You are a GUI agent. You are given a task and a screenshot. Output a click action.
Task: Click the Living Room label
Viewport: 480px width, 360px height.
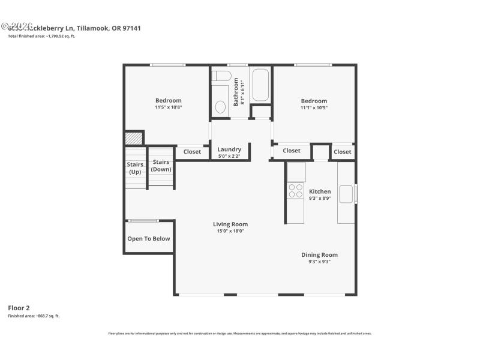pos(230,224)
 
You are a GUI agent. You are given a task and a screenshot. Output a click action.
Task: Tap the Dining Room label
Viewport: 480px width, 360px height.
pos(319,254)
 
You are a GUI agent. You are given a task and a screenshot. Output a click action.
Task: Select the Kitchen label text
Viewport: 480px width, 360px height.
pos(320,191)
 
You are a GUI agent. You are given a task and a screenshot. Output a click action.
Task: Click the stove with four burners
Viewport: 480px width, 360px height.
pos(296,191)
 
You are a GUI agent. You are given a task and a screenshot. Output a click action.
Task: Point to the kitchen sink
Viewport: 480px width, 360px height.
pos(346,194)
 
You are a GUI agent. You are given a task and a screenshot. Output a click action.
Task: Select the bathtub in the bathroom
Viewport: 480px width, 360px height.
pos(261,85)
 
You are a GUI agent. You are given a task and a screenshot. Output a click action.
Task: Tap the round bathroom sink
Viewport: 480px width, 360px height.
pos(220,107)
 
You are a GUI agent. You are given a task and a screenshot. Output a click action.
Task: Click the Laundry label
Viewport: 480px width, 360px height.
pos(229,149)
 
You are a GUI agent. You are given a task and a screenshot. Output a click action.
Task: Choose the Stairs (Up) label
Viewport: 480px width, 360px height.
pos(135,168)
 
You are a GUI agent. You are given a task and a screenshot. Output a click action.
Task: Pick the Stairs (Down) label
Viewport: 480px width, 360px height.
pos(161,165)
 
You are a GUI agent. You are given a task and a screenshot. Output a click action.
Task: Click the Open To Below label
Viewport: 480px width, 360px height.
pos(148,239)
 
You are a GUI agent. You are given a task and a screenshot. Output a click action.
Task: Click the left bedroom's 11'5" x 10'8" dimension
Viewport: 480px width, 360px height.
pos(168,107)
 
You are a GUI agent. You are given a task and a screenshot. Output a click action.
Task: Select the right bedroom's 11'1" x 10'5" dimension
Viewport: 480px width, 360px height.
pos(314,108)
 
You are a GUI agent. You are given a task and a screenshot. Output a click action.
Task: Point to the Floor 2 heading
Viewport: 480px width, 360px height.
pos(18,308)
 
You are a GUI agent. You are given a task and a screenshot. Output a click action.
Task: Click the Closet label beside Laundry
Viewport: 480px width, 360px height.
pos(192,152)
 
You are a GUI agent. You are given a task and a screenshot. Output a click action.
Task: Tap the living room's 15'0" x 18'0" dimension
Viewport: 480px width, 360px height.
pos(230,231)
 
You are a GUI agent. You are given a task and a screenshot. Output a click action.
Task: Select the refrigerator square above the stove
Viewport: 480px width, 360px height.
pos(296,172)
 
